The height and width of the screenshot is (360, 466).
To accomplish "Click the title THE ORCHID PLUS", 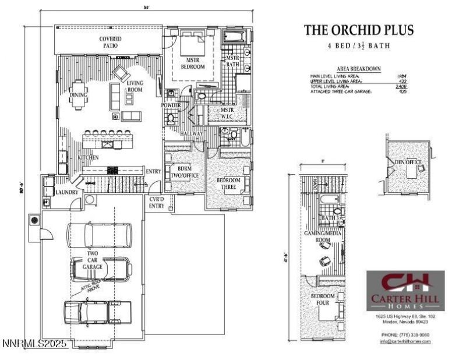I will coord(359,30).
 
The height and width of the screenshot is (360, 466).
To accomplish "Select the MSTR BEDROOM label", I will coord(192,63).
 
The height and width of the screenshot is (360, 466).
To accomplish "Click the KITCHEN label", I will coord(87,157).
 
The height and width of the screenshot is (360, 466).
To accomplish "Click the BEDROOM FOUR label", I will coord(323,300).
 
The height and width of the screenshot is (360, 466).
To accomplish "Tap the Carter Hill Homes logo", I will coord(405,290).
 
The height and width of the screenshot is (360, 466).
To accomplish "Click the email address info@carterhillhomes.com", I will coord(405,341).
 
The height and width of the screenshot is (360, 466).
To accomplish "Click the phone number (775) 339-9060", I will coord(405,334).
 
